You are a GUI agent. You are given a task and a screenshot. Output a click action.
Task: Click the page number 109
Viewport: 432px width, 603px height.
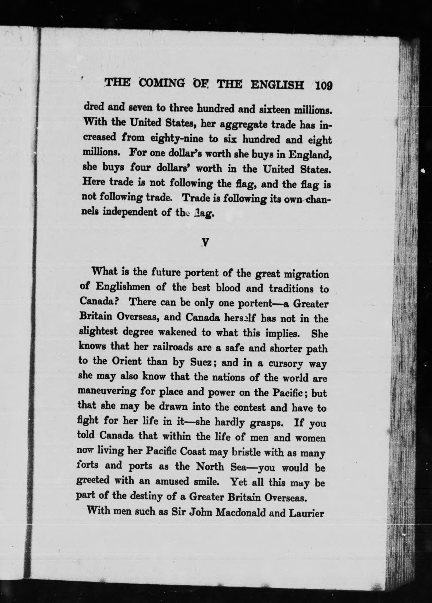(x=324, y=85)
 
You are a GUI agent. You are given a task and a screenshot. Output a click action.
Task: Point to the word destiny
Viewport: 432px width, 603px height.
(x=149, y=497)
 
